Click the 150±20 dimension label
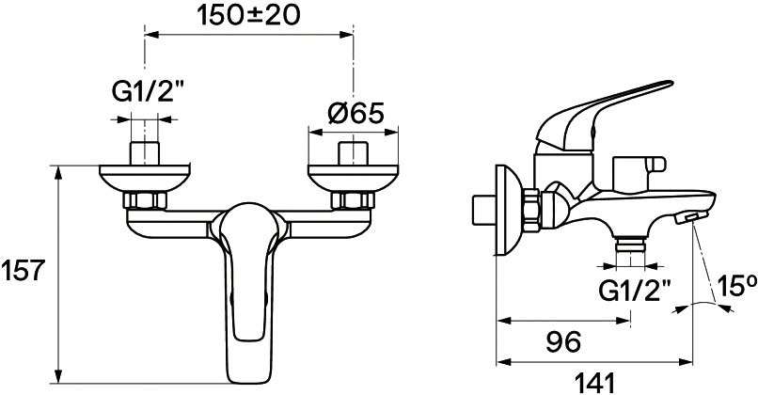(249, 16)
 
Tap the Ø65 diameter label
(355, 114)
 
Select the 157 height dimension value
(23, 270)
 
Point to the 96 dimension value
(563, 342)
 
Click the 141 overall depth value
(594, 384)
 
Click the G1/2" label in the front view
(143, 92)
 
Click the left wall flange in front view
(145, 178)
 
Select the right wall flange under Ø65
(353, 178)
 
